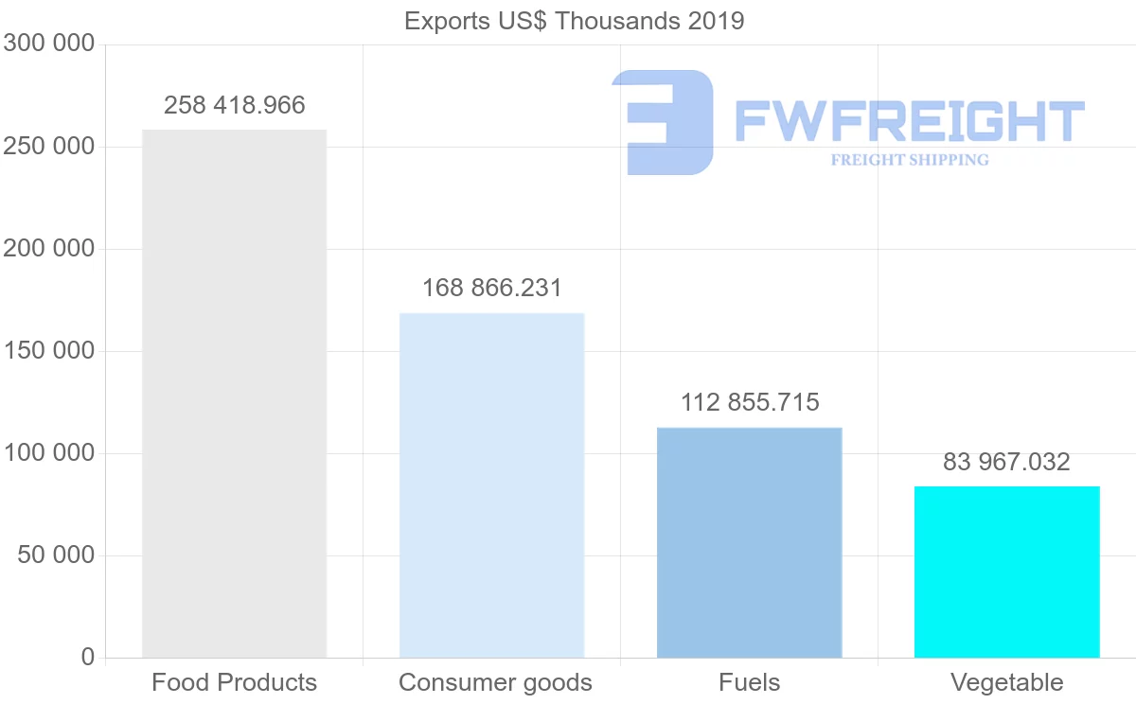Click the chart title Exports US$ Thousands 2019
[x=574, y=21]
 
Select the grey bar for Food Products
[x=234, y=394]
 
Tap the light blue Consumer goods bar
[x=491, y=484]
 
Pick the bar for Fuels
[x=749, y=542]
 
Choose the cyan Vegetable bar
[x=1006, y=572]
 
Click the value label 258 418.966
[x=235, y=105]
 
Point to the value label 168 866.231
[x=491, y=288]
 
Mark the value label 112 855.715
[x=750, y=402]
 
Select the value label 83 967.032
[x=1006, y=462]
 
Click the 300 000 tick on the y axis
[x=48, y=44]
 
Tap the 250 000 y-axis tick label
[x=48, y=147]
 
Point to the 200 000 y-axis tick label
[x=48, y=249]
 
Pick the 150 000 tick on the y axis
[x=48, y=351]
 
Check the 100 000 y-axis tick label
[x=48, y=453]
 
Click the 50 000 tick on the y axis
[x=57, y=555]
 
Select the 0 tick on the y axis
[x=88, y=657]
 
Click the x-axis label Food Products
[x=234, y=682]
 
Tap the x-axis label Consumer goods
[x=495, y=682]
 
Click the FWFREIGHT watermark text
[x=909, y=121]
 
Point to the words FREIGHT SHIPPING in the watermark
[x=910, y=160]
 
